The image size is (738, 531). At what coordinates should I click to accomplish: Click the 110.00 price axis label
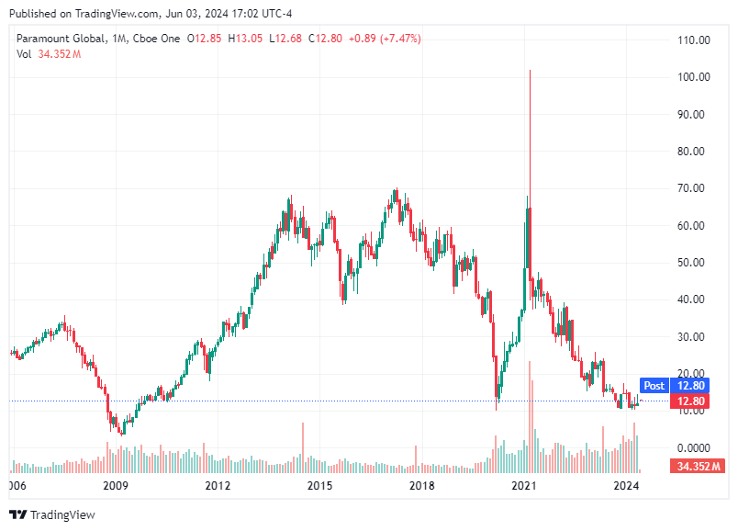tap(693, 40)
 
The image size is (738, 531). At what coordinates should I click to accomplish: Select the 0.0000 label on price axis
tap(693, 447)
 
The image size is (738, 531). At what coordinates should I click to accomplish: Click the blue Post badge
tap(654, 386)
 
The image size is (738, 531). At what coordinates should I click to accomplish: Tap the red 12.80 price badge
tap(690, 401)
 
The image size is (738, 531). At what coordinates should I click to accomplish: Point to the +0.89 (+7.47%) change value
tap(381, 39)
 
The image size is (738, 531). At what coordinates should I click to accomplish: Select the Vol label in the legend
tap(24, 54)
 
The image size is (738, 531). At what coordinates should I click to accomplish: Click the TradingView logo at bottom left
tap(52, 514)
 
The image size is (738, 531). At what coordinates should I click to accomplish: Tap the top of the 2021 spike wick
tap(530, 71)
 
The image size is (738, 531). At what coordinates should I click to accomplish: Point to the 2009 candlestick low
tap(121, 434)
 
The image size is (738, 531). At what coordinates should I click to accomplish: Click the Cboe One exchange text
tap(157, 39)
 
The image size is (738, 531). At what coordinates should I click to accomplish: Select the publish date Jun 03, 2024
tap(172, 14)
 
